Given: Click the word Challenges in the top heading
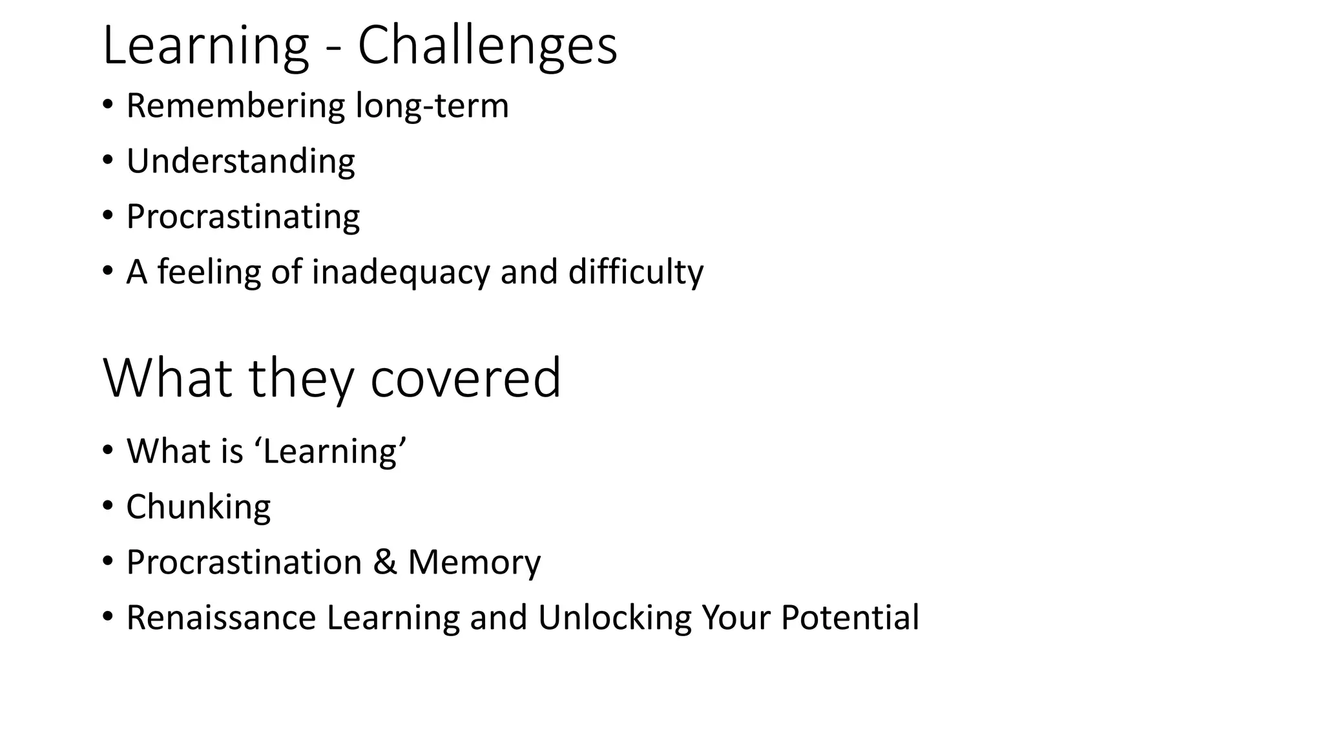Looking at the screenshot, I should click(x=487, y=45).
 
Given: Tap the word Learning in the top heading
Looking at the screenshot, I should click(x=205, y=45).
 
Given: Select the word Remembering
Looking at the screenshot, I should click(x=236, y=105).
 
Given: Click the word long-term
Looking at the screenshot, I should click(x=432, y=105).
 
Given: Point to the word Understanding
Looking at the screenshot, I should click(x=240, y=161).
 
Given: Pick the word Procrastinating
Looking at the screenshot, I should click(x=243, y=216).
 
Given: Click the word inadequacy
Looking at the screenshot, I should click(x=401, y=271).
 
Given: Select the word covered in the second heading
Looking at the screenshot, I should click(x=465, y=378).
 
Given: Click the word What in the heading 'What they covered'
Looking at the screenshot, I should click(x=167, y=378).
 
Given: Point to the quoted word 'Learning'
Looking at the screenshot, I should click(x=335, y=451).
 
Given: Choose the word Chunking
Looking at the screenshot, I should click(x=198, y=506).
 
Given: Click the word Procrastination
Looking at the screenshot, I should click(x=244, y=562).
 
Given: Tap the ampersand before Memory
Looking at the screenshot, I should click(x=385, y=562).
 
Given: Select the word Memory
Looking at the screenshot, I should click(x=474, y=562).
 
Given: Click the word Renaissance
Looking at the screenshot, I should click(x=221, y=617).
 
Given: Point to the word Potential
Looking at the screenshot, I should click(x=849, y=617).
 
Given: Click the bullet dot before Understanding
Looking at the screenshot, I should click(x=107, y=160).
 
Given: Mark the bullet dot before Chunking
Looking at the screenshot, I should click(x=107, y=505).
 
